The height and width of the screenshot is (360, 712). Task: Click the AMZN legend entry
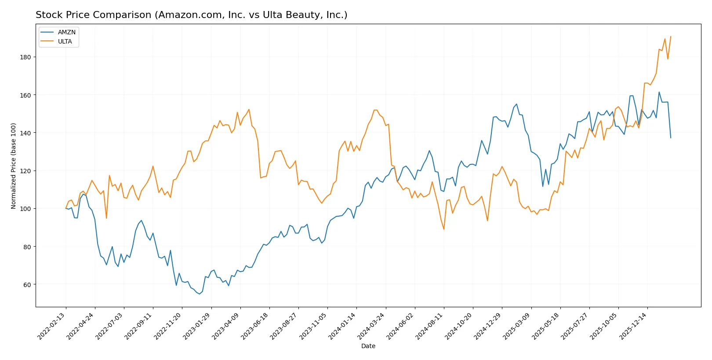[66, 32]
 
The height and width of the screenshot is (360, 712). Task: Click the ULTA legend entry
[65, 41]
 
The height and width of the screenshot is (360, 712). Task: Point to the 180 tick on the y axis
[25, 57]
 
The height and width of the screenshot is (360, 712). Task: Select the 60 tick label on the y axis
[27, 285]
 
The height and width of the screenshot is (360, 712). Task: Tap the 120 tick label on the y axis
[25, 171]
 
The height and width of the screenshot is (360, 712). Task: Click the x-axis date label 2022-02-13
[51, 326]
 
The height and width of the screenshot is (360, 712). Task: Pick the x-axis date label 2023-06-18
[255, 326]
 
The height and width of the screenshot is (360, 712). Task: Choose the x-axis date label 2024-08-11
[429, 326]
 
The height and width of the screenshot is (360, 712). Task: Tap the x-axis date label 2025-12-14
[633, 326]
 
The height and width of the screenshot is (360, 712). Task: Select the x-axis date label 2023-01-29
[197, 326]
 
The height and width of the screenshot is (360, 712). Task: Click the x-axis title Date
[368, 346]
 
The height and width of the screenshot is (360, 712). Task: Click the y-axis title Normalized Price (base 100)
[13, 166]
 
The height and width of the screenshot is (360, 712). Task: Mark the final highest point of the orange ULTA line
[671, 36]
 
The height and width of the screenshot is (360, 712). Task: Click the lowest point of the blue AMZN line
[200, 294]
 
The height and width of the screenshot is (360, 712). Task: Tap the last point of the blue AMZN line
[671, 138]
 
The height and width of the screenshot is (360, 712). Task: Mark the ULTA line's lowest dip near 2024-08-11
[444, 229]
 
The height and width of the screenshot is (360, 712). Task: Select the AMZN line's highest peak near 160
[659, 92]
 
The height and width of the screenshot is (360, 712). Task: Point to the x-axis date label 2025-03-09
[516, 326]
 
